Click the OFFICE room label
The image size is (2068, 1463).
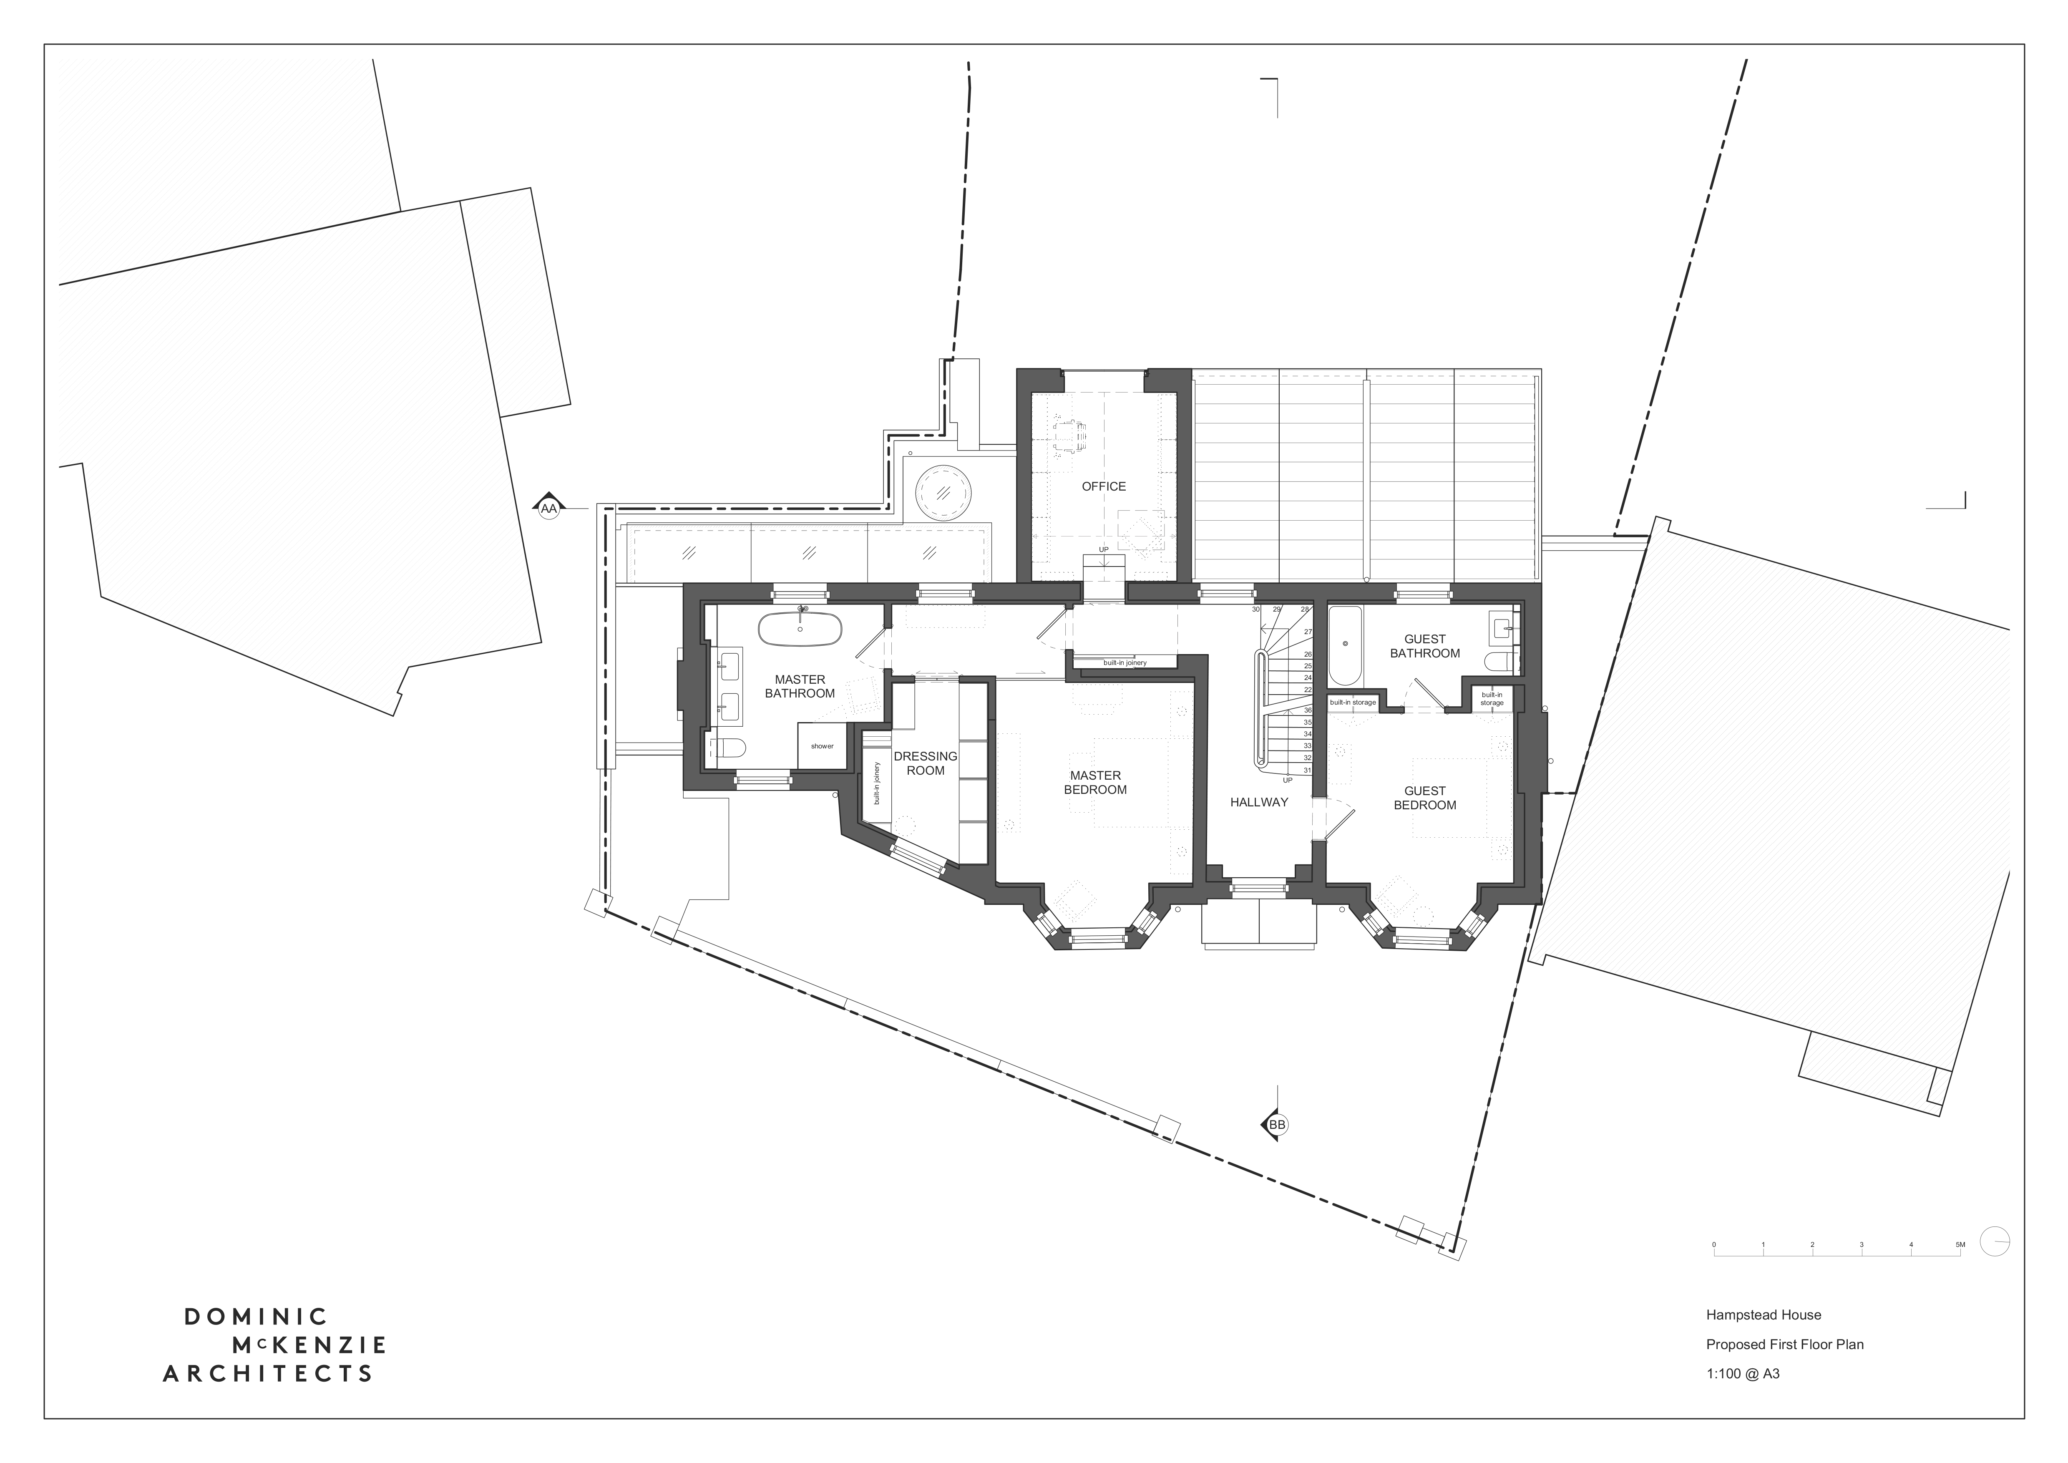pyautogui.click(x=1103, y=486)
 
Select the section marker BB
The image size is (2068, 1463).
pyautogui.click(x=1276, y=1125)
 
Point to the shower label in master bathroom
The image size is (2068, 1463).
pyautogui.click(x=821, y=746)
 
